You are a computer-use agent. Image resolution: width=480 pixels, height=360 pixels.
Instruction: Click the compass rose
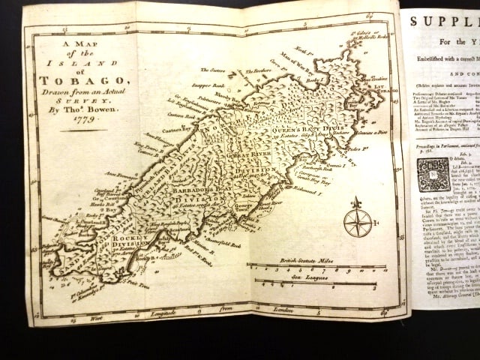point(357,222)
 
